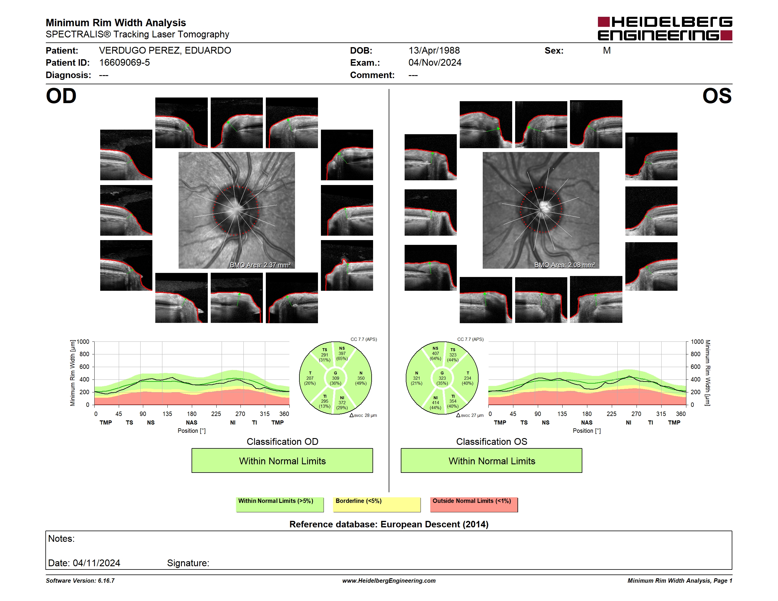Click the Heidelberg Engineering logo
click(x=665, y=29)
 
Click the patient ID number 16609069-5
click(x=124, y=63)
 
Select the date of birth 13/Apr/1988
click(x=434, y=51)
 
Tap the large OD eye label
click(x=61, y=96)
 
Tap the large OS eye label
click(x=717, y=96)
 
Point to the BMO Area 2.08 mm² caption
click(x=565, y=265)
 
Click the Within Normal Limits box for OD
click(x=282, y=460)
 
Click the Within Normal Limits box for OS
click(x=492, y=460)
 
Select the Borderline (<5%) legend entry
click(x=377, y=504)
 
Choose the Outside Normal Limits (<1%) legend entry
click(x=474, y=504)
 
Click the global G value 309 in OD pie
click(x=336, y=378)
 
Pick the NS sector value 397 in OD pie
click(x=342, y=354)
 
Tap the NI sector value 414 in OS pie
click(x=435, y=403)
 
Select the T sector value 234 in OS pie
click(x=467, y=378)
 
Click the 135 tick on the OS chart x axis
click(x=562, y=414)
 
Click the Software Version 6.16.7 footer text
click(x=80, y=581)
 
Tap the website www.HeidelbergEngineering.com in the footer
click(x=389, y=581)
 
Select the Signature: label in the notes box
click(x=188, y=563)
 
